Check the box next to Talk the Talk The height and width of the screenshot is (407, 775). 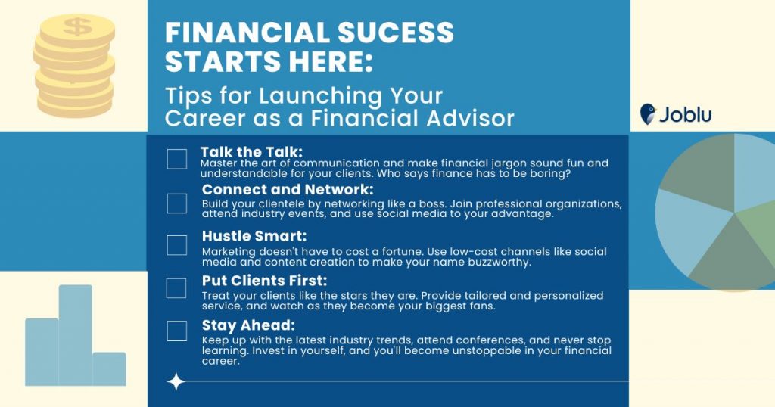(x=177, y=159)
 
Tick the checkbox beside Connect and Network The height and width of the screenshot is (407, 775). (x=177, y=203)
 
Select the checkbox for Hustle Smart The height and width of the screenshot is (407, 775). (x=177, y=245)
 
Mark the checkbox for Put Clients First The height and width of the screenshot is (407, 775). (x=176, y=288)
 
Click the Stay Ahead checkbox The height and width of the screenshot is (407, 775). (x=177, y=331)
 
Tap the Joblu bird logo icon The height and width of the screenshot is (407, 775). (x=648, y=114)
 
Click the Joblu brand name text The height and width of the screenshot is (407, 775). (x=686, y=114)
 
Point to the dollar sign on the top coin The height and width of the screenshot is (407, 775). (x=77, y=26)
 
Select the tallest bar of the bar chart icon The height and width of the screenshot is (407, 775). (x=76, y=335)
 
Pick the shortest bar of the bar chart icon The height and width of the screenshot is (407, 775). (x=109, y=368)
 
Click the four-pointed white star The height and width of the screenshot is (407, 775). (x=176, y=382)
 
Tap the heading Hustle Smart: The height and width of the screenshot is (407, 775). (x=254, y=236)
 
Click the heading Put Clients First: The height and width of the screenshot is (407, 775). (x=264, y=281)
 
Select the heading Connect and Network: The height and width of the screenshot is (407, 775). (x=288, y=190)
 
